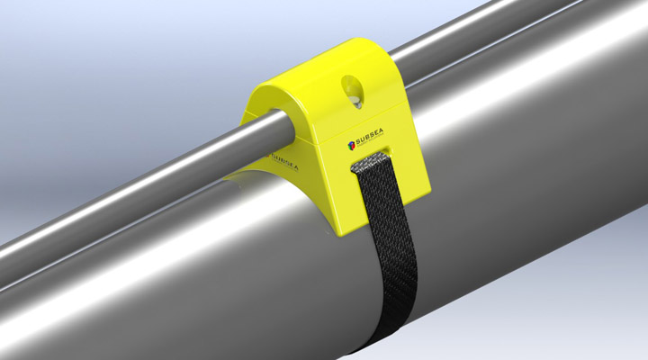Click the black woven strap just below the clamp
pyautogui.click(x=382, y=225)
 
